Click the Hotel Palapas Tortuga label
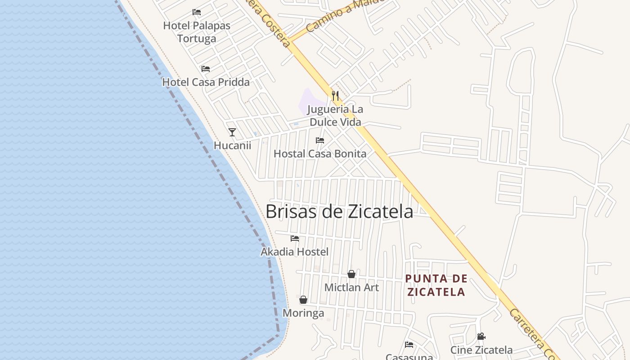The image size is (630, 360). pyautogui.click(x=197, y=32)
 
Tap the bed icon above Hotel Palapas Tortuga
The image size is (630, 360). pyautogui.click(x=197, y=12)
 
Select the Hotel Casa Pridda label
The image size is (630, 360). pyautogui.click(x=206, y=82)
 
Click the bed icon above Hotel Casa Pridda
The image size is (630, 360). pyautogui.click(x=206, y=69)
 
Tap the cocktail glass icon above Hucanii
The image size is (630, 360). pyautogui.click(x=232, y=132)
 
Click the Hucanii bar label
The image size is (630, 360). pyautogui.click(x=232, y=145)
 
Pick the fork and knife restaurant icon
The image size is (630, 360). pyautogui.click(x=335, y=95)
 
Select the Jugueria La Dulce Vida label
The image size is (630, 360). pyautogui.click(x=335, y=116)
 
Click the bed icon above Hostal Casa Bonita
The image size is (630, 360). pyautogui.click(x=320, y=140)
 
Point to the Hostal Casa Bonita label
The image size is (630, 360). pyautogui.click(x=320, y=153)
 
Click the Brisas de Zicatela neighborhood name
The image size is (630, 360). pyautogui.click(x=339, y=211)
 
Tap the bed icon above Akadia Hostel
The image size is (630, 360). pyautogui.click(x=295, y=238)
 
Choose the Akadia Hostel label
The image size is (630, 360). pyautogui.click(x=295, y=252)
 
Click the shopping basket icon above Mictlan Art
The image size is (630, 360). pyautogui.click(x=351, y=274)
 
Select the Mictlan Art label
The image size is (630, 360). pyautogui.click(x=351, y=287)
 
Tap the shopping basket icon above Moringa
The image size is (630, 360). pyautogui.click(x=303, y=300)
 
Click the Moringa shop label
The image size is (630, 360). pyautogui.click(x=303, y=313)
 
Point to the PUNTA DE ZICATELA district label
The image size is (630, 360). pyautogui.click(x=436, y=285)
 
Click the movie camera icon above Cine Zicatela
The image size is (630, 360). pyautogui.click(x=481, y=337)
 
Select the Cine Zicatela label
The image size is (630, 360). pyautogui.click(x=481, y=350)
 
